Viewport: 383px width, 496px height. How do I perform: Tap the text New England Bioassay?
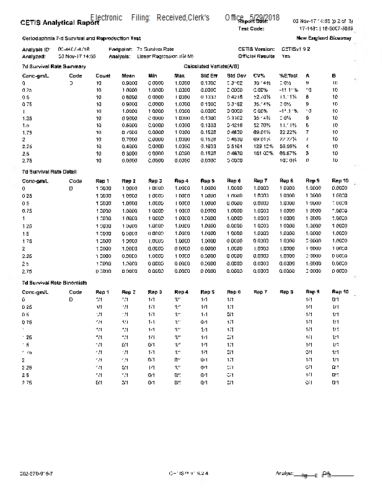[x=328, y=38]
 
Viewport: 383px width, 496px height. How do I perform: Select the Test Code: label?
[x=251, y=29]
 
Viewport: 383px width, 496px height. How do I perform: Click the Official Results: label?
[x=257, y=55]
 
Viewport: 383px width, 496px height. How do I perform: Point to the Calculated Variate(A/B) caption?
[x=211, y=66]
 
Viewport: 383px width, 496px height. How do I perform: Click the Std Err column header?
[x=209, y=75]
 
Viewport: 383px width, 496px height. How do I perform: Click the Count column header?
[x=103, y=75]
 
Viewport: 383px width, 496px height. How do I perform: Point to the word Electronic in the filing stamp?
[x=106, y=17]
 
